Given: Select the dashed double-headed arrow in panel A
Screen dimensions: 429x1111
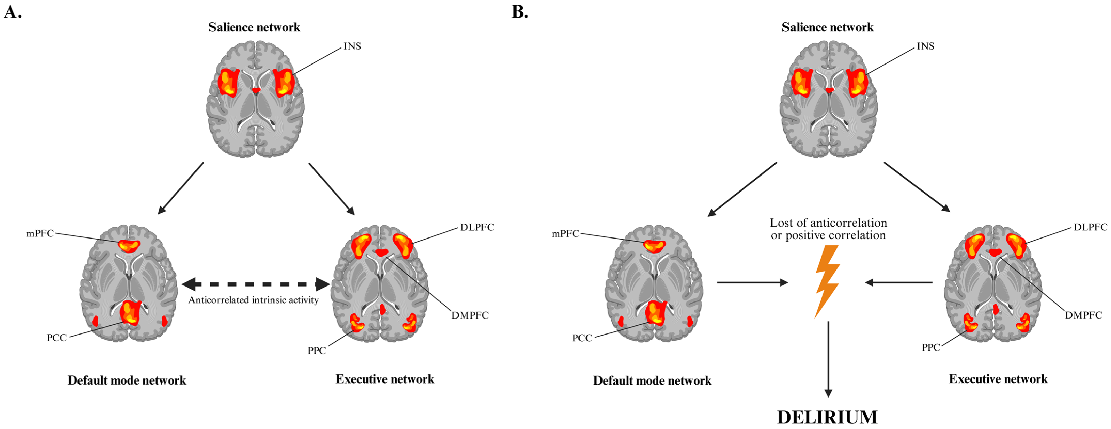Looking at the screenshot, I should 255,284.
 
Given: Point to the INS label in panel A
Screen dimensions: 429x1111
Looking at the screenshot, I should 352,46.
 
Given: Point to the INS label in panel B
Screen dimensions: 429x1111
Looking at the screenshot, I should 925,46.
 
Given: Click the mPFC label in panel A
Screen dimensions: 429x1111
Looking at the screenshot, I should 40,233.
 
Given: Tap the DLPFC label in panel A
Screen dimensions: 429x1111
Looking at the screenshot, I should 476,227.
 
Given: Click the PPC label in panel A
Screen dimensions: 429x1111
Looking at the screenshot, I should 317,351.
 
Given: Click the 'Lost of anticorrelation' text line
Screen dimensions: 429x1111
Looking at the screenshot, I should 828,223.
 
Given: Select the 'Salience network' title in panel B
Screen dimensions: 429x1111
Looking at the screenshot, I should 827,27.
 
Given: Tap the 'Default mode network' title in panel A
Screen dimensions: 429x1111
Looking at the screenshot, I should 127,380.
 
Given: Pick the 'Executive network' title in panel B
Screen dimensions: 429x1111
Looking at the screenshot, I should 998,379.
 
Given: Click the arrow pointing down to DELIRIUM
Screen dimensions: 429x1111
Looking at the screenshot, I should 828,358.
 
